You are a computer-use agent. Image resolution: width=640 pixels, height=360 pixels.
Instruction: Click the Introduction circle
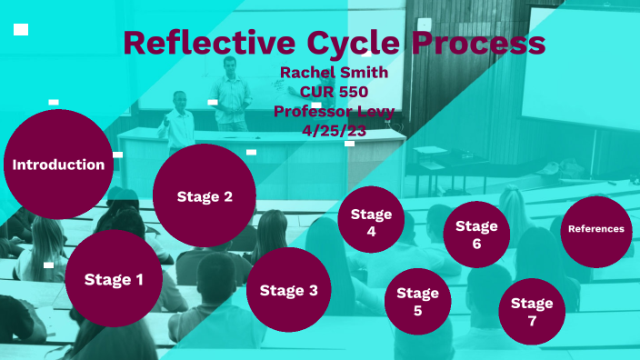[x=57, y=165]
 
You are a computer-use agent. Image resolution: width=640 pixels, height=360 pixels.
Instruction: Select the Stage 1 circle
[x=114, y=279]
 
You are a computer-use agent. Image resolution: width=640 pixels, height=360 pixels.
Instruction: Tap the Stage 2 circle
[x=204, y=196]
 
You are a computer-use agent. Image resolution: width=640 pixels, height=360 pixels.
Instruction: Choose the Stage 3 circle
[x=288, y=291]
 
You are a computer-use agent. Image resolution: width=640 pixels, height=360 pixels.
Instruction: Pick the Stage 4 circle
[x=371, y=223]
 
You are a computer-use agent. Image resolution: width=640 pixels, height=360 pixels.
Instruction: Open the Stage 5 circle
[x=417, y=301]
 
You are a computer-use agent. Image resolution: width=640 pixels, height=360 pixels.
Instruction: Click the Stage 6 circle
[x=476, y=235]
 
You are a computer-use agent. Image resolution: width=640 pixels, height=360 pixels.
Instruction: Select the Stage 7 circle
[x=532, y=311]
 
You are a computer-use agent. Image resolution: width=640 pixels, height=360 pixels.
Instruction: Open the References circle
[x=595, y=229]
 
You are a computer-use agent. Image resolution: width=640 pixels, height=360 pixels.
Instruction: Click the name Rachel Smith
[x=334, y=72]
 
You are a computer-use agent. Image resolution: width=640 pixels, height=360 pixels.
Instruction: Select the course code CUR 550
[x=334, y=91]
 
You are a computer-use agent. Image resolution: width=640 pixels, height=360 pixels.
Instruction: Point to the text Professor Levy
[x=334, y=111]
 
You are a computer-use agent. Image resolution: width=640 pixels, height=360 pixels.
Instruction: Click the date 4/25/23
[x=334, y=130]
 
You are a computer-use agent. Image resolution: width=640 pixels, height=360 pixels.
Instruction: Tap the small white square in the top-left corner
[x=21, y=30]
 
